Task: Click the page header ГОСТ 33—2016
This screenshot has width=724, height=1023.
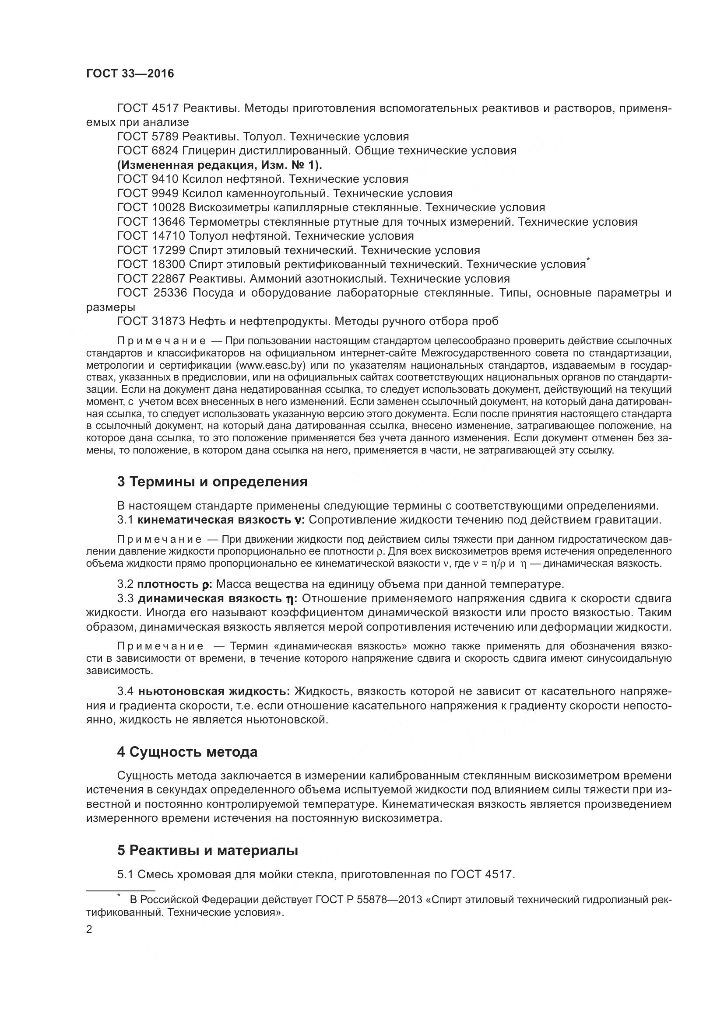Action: pos(130,73)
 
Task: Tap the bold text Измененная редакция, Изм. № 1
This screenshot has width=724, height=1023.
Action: pos(219,165)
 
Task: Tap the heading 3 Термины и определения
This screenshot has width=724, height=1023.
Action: pos(212,482)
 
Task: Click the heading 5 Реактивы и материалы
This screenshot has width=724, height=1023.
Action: pos(207,850)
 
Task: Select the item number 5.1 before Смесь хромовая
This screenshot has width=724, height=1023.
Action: pos(125,874)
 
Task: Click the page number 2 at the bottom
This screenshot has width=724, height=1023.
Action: pos(89,929)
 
